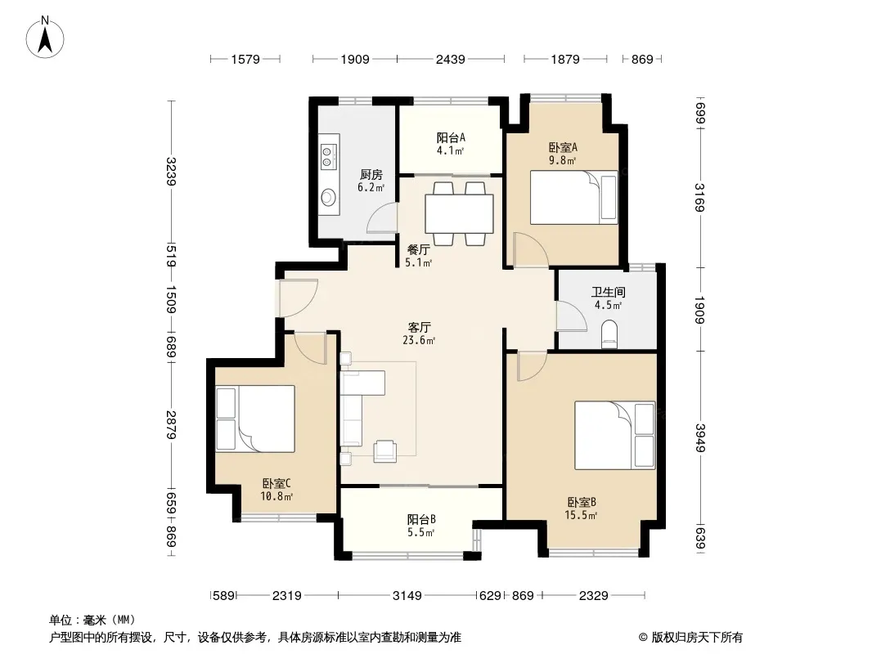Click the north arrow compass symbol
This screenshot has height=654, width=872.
click(x=45, y=37)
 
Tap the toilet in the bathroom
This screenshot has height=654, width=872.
click(x=609, y=334)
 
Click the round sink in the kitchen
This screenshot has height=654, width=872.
click(x=329, y=196)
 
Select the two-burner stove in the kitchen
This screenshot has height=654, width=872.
click(x=328, y=156)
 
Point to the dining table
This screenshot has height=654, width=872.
click(x=459, y=213)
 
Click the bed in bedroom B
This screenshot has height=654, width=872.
click(x=614, y=435)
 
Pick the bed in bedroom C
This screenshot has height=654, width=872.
click(x=255, y=419)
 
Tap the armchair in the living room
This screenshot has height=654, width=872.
click(x=384, y=450)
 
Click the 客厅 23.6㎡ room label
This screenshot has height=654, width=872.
click(x=419, y=334)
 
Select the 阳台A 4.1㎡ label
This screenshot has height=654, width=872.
click(x=451, y=143)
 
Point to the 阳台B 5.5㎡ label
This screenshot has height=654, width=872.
click(x=421, y=525)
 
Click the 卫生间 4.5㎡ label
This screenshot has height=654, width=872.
click(x=608, y=298)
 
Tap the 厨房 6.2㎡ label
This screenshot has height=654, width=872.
click(x=371, y=181)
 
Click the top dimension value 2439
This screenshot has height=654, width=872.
click(x=451, y=59)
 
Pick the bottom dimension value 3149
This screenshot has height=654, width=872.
click(x=407, y=596)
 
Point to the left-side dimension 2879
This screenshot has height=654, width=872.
click(x=171, y=424)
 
